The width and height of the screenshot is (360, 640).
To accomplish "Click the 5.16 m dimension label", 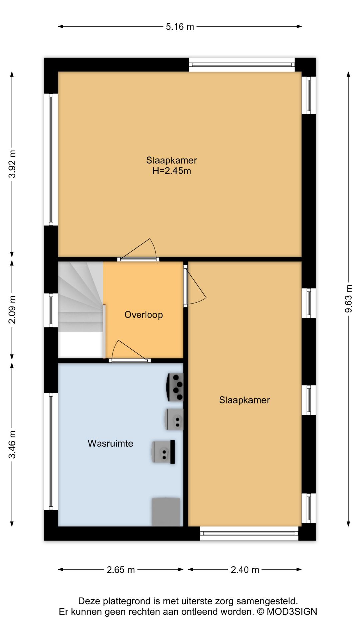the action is [x=180, y=27].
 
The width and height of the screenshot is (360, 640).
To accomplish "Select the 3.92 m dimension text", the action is [x=12, y=164].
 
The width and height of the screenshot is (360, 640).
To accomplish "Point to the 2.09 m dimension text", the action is [x=12, y=310].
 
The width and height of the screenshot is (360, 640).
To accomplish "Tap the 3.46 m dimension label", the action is [x=12, y=445].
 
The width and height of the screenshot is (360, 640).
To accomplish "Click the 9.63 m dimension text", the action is [x=348, y=299].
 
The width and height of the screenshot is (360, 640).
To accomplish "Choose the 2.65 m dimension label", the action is [x=121, y=570].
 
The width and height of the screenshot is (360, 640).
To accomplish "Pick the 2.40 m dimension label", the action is [x=245, y=570].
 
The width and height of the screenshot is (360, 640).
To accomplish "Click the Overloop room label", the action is [x=144, y=315].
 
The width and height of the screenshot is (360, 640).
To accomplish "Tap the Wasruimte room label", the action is [x=110, y=443].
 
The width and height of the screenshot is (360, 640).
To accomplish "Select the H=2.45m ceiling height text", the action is [x=172, y=171].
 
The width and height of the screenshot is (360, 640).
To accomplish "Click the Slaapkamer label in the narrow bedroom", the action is [x=244, y=400].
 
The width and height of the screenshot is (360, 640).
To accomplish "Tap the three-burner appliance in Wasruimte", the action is [x=175, y=387].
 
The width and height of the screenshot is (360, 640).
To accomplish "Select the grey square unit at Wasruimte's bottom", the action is [x=166, y=512].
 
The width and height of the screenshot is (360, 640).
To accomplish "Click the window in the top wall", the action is [x=242, y=65].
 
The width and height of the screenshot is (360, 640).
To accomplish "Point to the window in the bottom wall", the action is [x=249, y=533].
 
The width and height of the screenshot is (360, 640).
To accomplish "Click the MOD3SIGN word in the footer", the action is [x=292, y=612].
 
